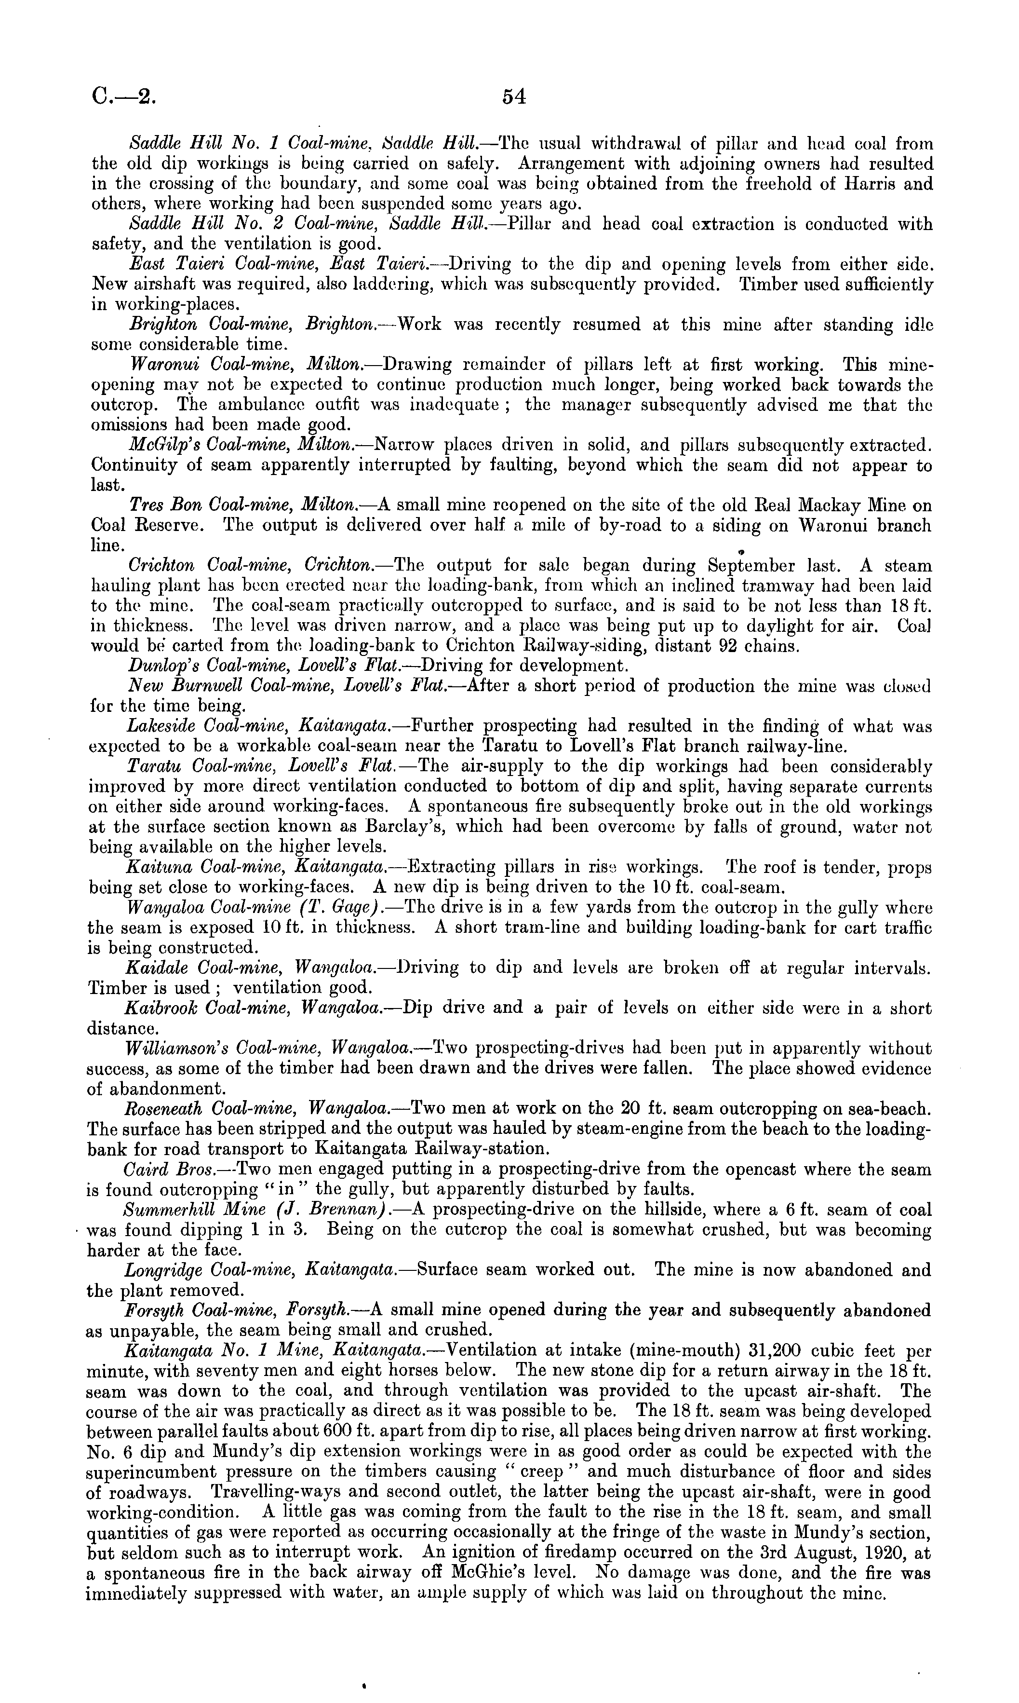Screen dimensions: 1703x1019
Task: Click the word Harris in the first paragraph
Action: [x=859, y=184]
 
